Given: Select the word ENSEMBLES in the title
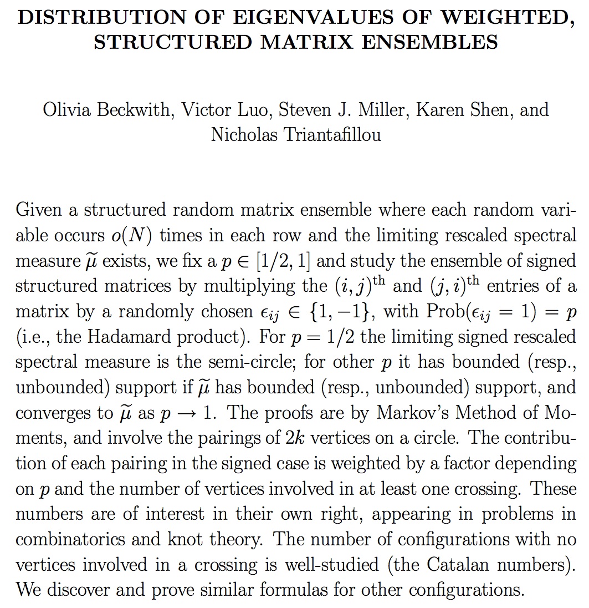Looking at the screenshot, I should tap(433, 42).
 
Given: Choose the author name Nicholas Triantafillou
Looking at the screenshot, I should tap(295, 134).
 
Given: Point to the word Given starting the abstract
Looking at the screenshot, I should tap(39, 210).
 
